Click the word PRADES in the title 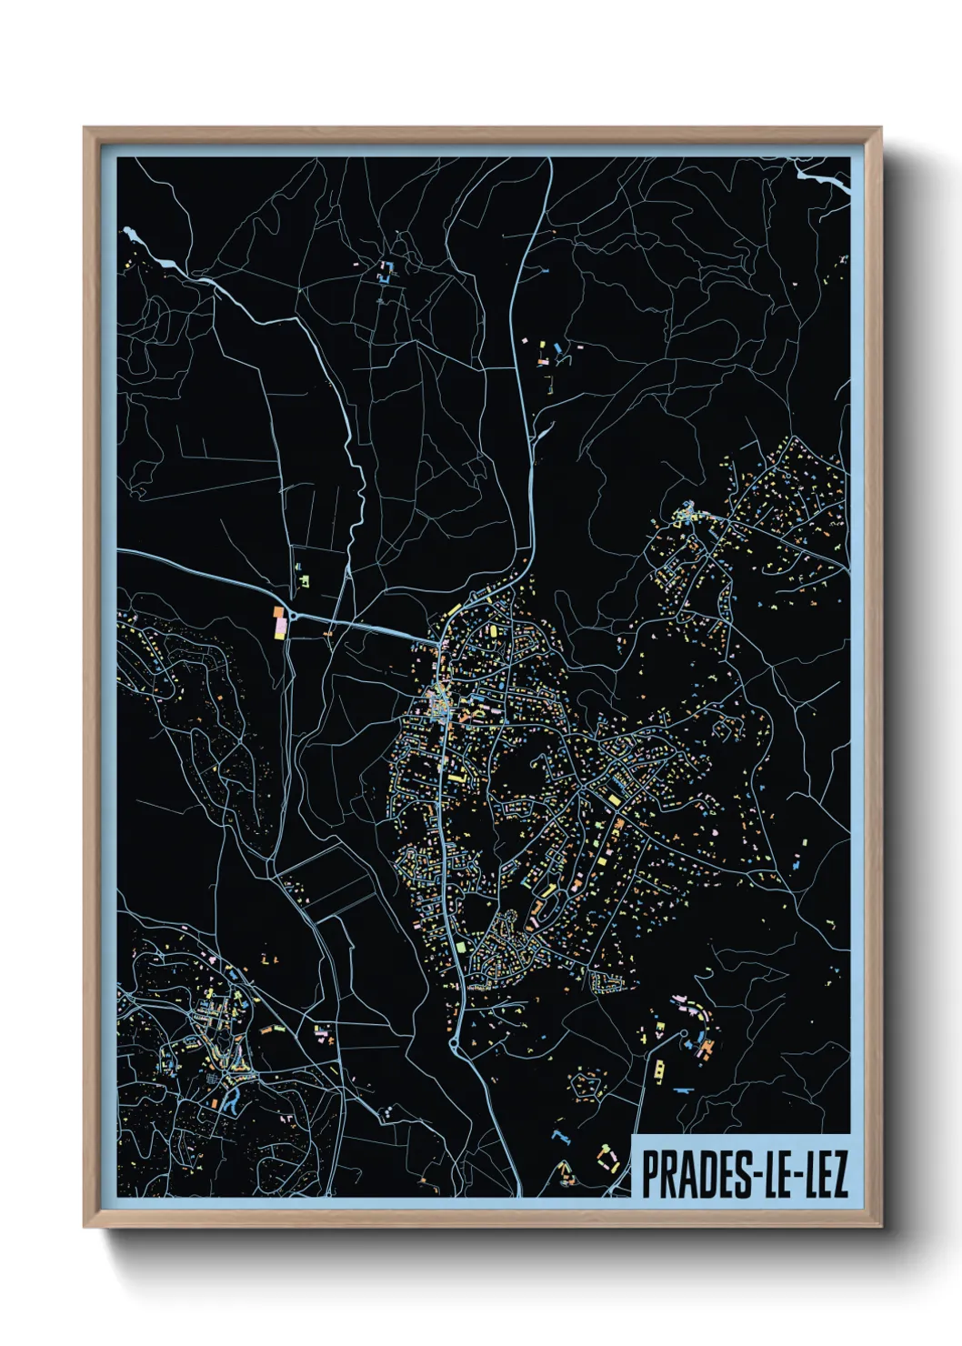click(687, 1174)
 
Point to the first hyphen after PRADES click(739, 1175)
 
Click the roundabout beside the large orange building click(292, 615)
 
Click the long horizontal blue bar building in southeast click(684, 1089)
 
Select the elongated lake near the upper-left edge click(151, 250)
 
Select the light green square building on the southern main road click(462, 948)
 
